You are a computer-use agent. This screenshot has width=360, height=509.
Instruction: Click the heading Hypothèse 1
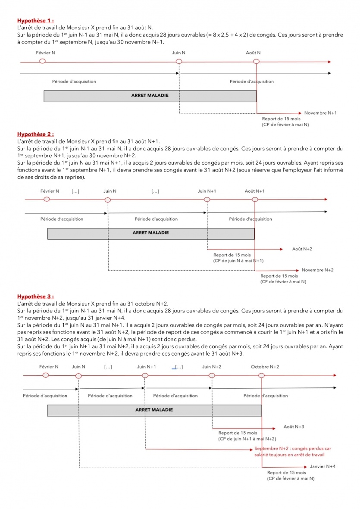35,20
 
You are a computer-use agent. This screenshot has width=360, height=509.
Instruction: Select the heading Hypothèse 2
35,134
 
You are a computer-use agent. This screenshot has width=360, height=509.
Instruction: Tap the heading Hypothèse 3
35,297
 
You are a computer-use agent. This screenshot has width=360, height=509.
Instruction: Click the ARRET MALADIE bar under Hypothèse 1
150,96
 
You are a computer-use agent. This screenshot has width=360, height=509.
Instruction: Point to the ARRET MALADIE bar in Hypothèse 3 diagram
154,410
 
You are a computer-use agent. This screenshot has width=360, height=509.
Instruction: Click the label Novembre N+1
320,113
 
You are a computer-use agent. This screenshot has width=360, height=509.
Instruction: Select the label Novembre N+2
318,270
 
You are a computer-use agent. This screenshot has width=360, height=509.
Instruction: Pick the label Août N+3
294,426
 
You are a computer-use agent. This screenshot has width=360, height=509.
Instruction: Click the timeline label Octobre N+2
265,367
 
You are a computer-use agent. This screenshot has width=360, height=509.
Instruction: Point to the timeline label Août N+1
254,191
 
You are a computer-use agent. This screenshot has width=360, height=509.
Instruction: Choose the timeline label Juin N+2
212,367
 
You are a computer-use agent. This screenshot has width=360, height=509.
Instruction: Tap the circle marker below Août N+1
255,200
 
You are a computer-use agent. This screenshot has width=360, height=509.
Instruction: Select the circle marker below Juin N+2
212,375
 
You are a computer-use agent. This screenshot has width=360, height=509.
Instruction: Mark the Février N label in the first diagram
46,53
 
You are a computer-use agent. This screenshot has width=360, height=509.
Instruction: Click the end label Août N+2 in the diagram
302,249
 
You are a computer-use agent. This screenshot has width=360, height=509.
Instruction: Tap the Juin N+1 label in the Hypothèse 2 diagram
207,191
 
